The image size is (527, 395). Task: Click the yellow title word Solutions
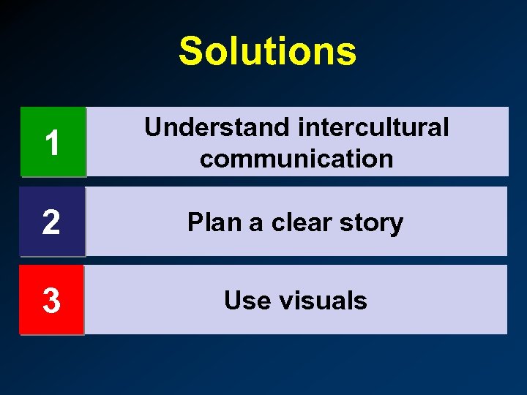coord(267,52)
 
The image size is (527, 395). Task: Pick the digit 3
coord(51,301)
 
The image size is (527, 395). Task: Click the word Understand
coord(217,127)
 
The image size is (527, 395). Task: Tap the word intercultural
coord(374,127)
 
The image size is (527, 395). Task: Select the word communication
coord(296,158)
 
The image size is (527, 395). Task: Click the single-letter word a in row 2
coord(257,224)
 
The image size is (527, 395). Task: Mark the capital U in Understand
coord(153,127)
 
